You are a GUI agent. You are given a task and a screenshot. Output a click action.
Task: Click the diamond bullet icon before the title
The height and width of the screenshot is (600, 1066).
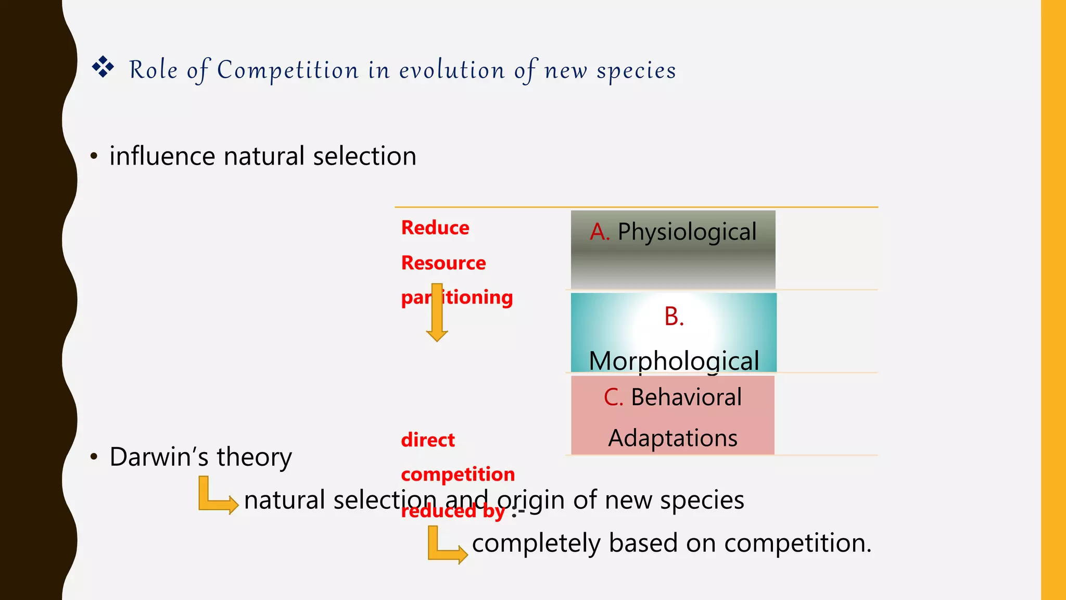(x=103, y=67)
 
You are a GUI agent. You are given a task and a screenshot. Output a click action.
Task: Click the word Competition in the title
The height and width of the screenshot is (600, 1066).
(x=287, y=70)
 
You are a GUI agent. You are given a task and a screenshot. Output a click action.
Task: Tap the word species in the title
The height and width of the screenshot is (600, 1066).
(x=636, y=71)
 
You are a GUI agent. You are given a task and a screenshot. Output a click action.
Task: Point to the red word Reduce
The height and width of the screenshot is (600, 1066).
(x=435, y=228)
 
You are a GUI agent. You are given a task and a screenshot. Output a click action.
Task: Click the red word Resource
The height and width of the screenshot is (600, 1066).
(x=443, y=263)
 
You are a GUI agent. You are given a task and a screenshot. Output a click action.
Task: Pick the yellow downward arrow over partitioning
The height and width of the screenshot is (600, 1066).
(x=437, y=312)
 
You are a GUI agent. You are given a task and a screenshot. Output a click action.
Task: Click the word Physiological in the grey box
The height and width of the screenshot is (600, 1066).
(x=687, y=232)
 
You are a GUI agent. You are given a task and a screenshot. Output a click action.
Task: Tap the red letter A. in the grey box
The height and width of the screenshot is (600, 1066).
(x=600, y=232)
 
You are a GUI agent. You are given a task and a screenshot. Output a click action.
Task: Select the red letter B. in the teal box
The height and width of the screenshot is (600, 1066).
(x=674, y=317)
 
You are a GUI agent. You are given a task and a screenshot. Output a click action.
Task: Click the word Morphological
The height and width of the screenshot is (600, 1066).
(x=674, y=360)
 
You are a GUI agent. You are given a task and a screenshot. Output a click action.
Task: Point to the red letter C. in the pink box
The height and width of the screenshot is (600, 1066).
(x=613, y=397)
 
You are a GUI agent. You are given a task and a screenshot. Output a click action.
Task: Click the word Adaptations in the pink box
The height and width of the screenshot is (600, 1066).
(x=673, y=438)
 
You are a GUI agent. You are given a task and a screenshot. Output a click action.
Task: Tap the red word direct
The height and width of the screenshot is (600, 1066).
(x=428, y=440)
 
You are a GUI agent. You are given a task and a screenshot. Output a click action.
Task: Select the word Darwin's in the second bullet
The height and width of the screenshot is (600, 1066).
(x=159, y=457)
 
